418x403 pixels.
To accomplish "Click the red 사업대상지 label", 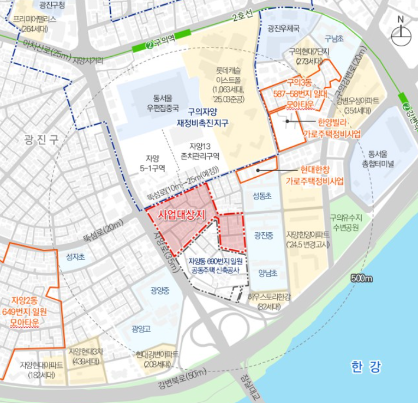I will point(181,214).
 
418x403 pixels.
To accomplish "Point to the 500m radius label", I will point(361,279).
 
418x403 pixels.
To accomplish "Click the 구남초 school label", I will point(334,39).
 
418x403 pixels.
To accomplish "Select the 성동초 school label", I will point(262,196).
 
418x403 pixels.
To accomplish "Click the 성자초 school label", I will point(76,256).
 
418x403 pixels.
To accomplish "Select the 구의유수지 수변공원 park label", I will point(344,222).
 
